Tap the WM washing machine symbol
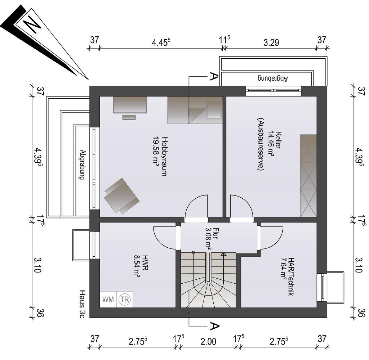point(108,299)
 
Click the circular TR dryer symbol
point(124,299)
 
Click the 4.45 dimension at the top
point(161,42)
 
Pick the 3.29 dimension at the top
point(271,42)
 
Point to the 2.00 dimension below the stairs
point(208,341)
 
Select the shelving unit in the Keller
point(308,176)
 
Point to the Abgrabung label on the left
point(82,165)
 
